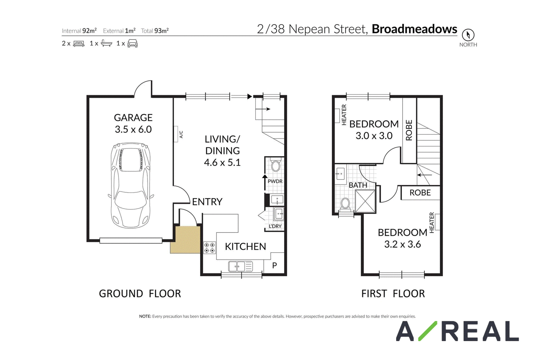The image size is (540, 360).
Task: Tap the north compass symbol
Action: point(468,35)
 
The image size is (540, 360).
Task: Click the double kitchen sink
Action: point(240,267)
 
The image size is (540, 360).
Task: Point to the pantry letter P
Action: point(274,265)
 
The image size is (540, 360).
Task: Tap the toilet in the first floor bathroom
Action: point(346,205)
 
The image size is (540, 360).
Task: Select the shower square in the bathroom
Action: point(365,201)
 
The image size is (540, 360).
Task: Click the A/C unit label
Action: point(181,135)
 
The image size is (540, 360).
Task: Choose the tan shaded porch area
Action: point(185,240)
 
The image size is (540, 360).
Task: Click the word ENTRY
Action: point(207,202)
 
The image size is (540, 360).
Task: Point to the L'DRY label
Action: point(275,226)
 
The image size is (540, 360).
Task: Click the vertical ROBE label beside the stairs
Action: point(409,130)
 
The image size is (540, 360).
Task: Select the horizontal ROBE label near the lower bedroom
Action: point(420,193)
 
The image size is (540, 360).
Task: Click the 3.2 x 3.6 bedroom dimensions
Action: point(402,244)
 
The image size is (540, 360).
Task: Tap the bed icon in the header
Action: point(79,44)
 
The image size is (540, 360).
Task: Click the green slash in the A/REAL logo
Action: point(428,331)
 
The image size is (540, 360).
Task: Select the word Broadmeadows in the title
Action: point(414,29)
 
